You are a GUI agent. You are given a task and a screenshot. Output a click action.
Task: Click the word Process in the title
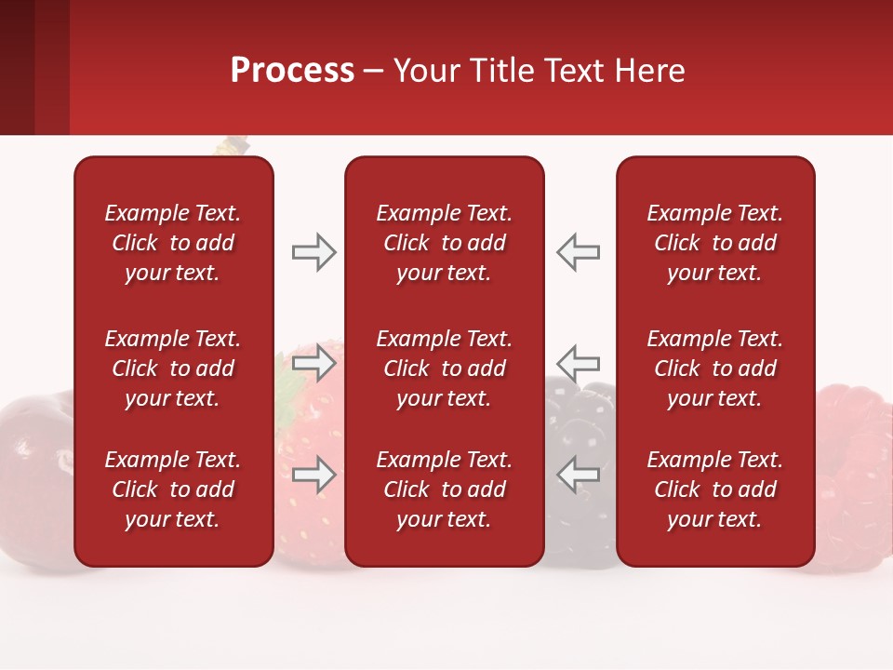tap(292, 71)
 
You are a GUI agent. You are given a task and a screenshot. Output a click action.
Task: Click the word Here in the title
tap(651, 71)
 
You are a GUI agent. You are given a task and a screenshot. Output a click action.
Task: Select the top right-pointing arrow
tap(313, 252)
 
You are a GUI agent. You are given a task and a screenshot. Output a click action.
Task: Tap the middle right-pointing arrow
tap(313, 361)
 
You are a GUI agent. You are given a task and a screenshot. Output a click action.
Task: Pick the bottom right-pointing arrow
tap(313, 475)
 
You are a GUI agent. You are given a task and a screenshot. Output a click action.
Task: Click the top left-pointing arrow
tap(579, 252)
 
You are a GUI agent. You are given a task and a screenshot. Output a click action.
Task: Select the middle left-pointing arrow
tap(579, 361)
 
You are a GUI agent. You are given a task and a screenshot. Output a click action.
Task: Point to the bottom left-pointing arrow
tap(579, 475)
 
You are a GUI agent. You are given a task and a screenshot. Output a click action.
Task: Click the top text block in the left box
tap(173, 243)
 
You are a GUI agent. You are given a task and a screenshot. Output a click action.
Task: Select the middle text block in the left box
tap(173, 368)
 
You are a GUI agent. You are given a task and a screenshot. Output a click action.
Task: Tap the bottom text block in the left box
tap(173, 489)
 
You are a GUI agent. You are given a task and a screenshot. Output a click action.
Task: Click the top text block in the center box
tap(445, 243)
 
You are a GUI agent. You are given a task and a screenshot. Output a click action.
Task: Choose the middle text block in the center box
tap(445, 368)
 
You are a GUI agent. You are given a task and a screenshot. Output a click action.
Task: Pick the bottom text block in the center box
tap(445, 489)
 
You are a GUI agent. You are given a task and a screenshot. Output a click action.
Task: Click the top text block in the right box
tap(715, 243)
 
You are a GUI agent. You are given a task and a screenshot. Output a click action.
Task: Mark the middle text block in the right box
tap(715, 368)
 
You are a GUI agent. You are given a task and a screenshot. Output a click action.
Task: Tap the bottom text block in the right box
tap(715, 489)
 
